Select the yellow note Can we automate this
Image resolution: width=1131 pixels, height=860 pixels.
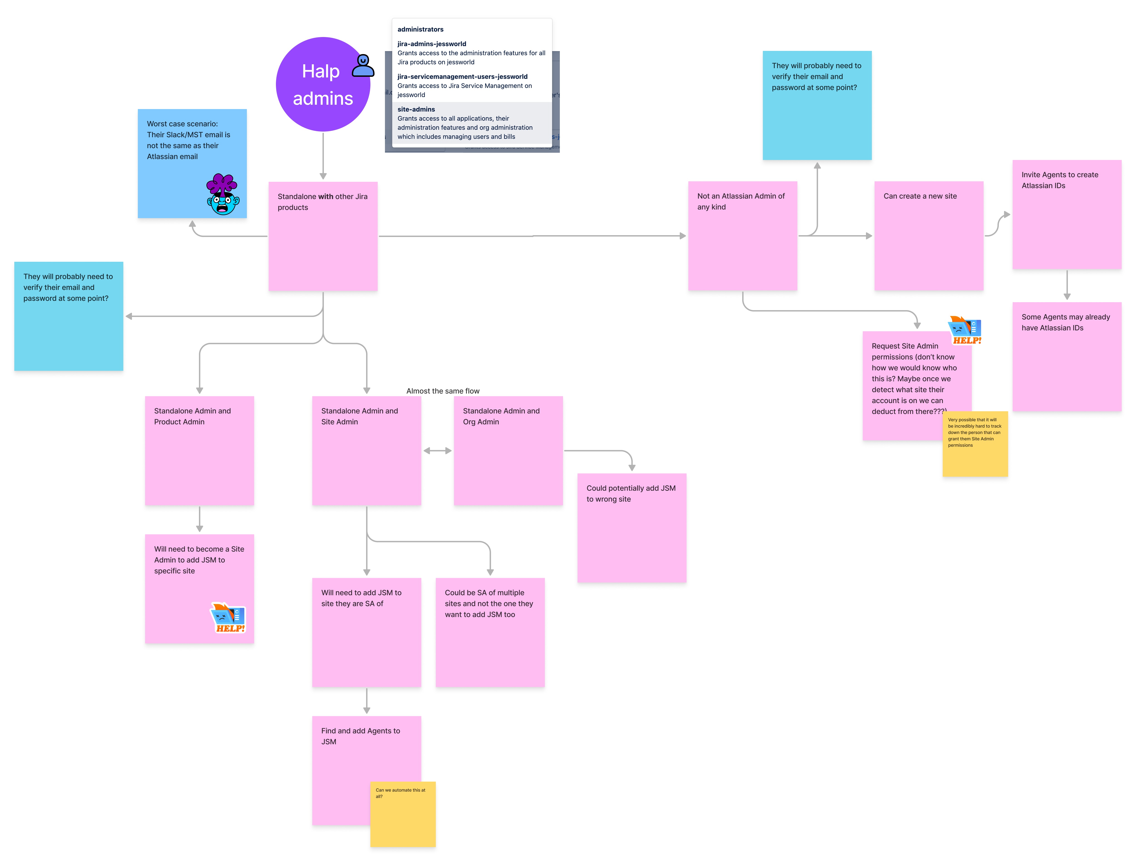403,814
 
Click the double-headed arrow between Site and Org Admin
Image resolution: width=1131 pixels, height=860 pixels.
437,451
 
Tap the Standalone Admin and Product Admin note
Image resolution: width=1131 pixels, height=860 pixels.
199,451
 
